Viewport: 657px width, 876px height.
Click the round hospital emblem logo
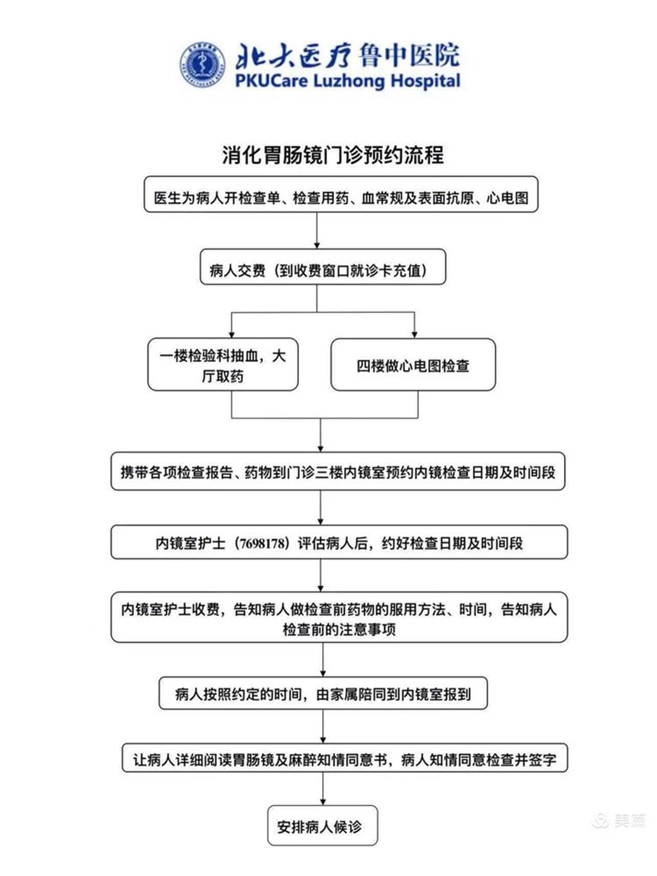[x=202, y=65]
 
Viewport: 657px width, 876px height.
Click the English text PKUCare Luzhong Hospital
[x=348, y=82]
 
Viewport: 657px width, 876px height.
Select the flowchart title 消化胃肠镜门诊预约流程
[x=332, y=155]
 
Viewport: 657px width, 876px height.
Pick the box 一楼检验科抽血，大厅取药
[x=223, y=365]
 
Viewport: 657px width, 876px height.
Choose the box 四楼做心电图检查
[x=413, y=365]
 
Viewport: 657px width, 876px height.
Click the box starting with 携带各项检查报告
[x=337, y=472]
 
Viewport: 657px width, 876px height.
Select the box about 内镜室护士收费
[x=339, y=617]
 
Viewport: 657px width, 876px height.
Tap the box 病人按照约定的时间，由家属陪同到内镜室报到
[x=323, y=694]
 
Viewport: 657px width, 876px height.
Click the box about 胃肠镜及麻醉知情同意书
[x=345, y=760]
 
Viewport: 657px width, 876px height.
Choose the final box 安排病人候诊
[x=322, y=827]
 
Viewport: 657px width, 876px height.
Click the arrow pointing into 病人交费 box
[x=317, y=243]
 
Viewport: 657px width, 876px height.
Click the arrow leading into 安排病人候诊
[x=323, y=799]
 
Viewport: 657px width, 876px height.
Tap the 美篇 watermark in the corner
[x=620, y=820]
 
